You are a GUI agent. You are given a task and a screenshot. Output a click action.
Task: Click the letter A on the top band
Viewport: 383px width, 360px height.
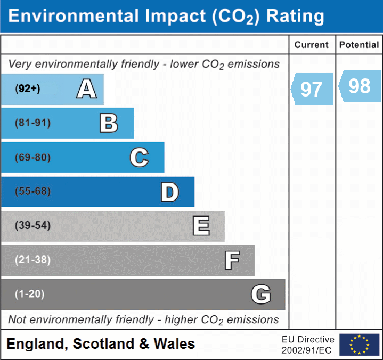(86, 89)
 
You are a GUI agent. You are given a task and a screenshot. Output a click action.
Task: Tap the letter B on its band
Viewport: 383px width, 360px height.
(109, 123)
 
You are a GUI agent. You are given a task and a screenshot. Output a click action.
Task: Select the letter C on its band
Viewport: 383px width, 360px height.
(139, 157)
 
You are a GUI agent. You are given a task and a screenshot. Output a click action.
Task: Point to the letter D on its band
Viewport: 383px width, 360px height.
(169, 192)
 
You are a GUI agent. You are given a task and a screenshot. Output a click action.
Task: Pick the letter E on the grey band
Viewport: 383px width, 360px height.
(201, 226)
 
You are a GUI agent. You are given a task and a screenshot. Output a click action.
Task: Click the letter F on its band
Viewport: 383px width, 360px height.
(232, 260)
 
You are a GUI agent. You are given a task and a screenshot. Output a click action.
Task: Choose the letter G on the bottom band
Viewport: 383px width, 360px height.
(261, 294)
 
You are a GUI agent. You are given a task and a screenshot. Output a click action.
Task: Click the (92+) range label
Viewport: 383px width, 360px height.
(28, 89)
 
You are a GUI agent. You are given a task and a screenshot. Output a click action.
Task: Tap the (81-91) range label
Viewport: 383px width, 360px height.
(32, 123)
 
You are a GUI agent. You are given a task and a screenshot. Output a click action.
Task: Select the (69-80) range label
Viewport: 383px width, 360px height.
(32, 157)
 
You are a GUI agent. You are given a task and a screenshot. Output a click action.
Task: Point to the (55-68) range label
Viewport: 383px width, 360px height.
(32, 191)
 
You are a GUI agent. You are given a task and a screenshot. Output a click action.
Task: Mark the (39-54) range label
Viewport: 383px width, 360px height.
(32, 226)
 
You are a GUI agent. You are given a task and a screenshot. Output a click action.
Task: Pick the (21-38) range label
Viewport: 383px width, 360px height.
(32, 260)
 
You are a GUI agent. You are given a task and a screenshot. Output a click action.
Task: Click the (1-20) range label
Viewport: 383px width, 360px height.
(30, 294)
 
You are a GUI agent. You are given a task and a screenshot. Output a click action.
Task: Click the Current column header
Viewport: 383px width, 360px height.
(312, 45)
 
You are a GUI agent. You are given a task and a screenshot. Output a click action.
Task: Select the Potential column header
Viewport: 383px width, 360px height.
(359, 45)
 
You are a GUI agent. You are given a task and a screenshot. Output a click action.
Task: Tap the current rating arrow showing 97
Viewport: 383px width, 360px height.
(312, 89)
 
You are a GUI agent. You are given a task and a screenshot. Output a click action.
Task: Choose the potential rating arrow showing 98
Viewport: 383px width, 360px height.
(358, 86)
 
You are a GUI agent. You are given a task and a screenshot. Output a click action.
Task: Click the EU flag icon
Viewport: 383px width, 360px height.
(359, 345)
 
